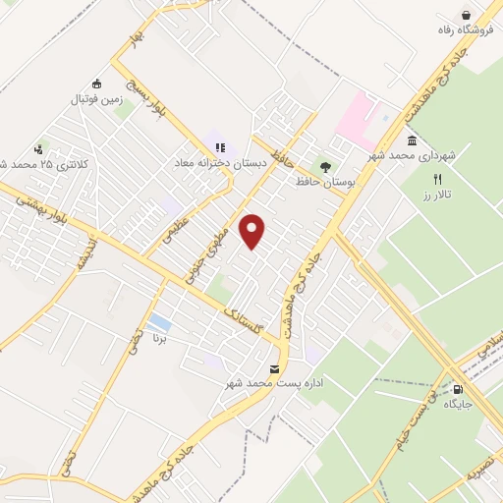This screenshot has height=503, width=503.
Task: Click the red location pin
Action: (253, 231)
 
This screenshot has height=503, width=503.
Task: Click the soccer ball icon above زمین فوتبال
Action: (95, 84)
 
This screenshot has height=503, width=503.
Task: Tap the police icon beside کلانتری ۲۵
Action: (37, 149)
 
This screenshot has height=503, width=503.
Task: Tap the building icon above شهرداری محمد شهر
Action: (410, 140)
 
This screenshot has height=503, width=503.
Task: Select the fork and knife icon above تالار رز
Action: (438, 180)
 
